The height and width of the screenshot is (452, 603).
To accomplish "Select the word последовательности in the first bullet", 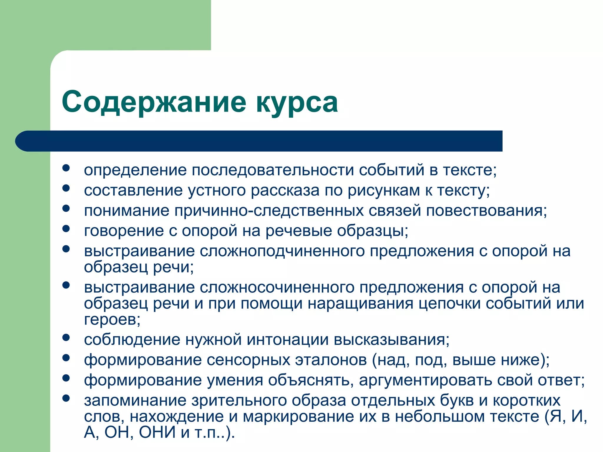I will (273, 170).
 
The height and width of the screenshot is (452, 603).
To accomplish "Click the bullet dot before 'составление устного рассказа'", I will (66, 188).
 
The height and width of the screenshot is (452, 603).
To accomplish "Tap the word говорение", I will (124, 231).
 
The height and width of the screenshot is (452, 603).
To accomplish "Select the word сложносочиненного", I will (277, 288).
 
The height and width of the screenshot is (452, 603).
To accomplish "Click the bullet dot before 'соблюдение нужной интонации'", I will (66, 338).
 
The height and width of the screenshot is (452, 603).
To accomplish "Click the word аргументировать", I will (425, 380).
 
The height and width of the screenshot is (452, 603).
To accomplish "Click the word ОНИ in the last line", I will (157, 433).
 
